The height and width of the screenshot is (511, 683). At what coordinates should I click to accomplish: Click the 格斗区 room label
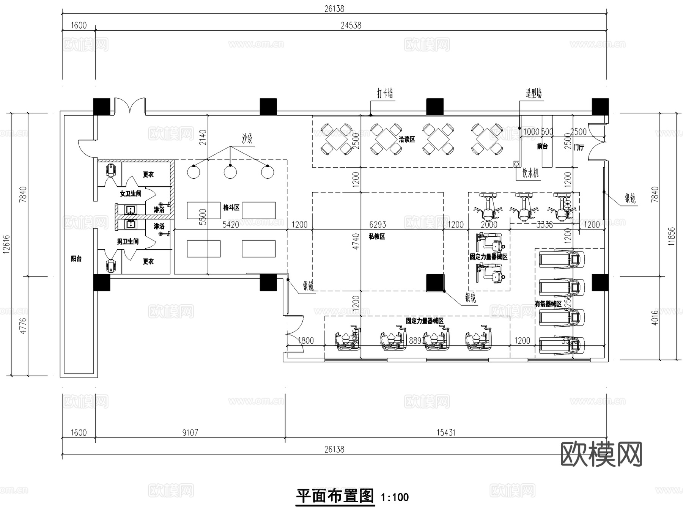click(x=231, y=208)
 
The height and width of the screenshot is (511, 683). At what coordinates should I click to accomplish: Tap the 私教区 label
click(x=377, y=236)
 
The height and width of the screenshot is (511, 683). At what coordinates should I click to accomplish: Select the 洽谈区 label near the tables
click(x=407, y=140)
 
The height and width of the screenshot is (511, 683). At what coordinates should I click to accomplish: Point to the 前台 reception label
click(x=542, y=146)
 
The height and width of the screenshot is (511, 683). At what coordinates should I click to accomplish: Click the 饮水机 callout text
click(x=530, y=173)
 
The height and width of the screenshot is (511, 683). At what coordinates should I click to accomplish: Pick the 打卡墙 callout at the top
click(x=385, y=93)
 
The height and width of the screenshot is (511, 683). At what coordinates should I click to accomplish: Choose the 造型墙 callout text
click(x=533, y=93)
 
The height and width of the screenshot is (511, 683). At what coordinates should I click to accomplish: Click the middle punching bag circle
click(x=230, y=172)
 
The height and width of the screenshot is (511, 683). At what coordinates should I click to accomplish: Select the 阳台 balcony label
click(x=76, y=259)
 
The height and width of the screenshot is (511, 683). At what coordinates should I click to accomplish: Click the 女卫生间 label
click(x=131, y=193)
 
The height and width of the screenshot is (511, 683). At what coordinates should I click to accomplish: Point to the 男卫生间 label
click(x=127, y=241)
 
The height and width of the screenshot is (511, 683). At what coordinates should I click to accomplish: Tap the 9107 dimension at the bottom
click(x=190, y=432)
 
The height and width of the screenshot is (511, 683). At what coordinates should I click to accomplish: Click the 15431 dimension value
click(x=445, y=432)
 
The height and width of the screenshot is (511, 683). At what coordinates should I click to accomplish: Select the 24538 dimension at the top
click(x=351, y=25)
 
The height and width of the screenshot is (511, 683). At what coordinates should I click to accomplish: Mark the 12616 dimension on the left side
click(x=6, y=245)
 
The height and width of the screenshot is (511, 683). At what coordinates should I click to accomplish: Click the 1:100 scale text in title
click(x=395, y=497)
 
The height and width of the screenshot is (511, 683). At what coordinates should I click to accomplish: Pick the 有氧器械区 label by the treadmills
click(x=548, y=304)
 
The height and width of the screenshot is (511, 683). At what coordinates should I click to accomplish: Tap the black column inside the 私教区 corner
click(x=435, y=283)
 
